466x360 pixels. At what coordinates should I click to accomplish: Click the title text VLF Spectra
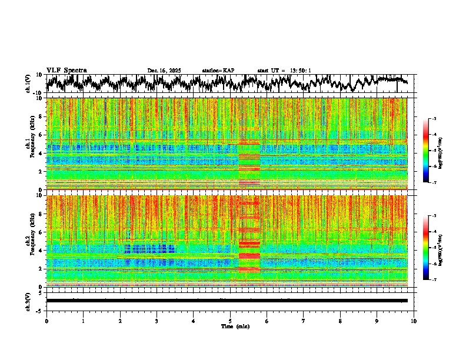click(66, 70)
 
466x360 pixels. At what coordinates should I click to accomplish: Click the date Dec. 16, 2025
click(164, 71)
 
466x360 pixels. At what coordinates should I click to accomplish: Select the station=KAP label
click(218, 71)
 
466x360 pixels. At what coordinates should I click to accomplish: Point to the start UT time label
click(284, 71)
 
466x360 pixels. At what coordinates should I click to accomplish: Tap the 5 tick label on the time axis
click(230, 321)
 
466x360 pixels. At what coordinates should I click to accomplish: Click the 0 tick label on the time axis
click(46, 321)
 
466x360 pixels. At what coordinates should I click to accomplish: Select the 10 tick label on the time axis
click(414, 321)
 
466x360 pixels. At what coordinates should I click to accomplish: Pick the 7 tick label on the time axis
click(304, 321)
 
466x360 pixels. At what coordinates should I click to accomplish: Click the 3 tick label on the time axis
click(157, 321)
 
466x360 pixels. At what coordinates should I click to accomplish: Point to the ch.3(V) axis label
click(28, 300)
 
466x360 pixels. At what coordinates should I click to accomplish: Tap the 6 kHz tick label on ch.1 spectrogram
click(41, 135)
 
